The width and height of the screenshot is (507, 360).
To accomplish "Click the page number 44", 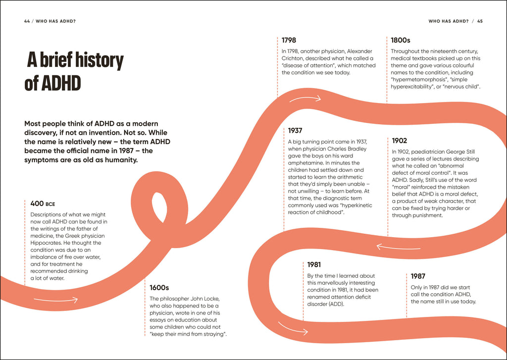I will pos(27,21).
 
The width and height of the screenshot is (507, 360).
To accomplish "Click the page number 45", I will pos(480,21).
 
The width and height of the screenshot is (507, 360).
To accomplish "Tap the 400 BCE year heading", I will pos(43,204).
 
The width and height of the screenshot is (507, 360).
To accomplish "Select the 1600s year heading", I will pos(159,287).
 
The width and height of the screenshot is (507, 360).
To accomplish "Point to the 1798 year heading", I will pos(289,40).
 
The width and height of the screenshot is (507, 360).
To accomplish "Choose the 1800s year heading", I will pos(401,40).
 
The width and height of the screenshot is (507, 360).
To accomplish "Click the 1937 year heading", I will pos(295,131).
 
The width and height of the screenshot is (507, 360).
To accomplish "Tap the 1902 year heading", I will pos(400,141).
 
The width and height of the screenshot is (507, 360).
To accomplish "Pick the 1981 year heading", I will pos(314,264).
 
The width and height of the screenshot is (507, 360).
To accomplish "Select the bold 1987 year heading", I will pos(418,276).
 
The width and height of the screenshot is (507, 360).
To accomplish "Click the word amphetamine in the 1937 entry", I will pos(306,155).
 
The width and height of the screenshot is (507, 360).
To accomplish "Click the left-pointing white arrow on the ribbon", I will pos(391,246).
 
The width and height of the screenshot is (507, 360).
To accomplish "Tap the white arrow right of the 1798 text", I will pos(305,100).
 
